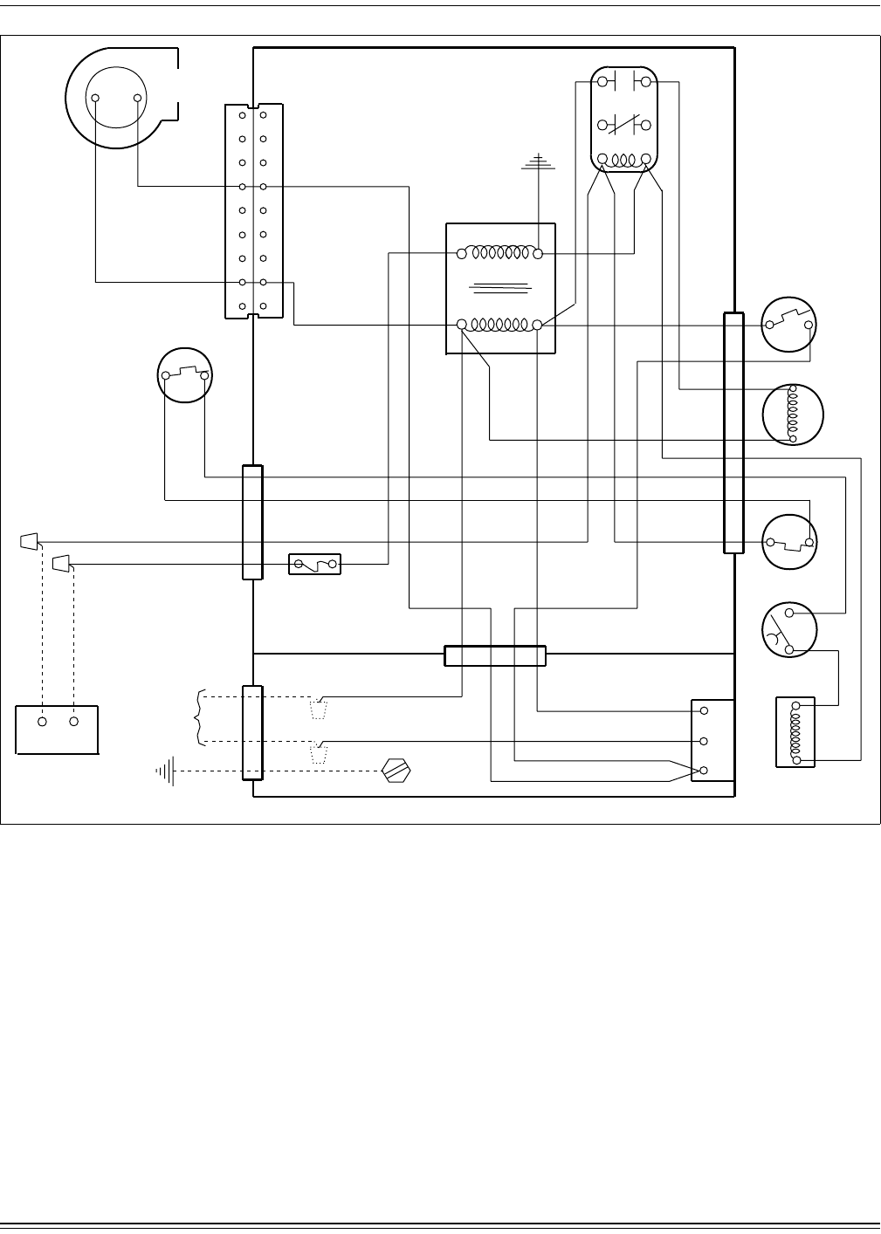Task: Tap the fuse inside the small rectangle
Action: (315, 566)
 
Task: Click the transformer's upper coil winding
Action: (499, 253)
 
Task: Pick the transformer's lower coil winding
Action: (499, 325)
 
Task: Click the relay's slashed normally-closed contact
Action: (623, 124)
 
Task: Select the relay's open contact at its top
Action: (623, 82)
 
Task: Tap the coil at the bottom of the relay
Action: (623, 161)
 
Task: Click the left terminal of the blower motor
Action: (96, 99)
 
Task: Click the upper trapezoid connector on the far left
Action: (30, 542)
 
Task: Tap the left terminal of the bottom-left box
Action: (42, 722)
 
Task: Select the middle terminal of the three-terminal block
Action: (704, 741)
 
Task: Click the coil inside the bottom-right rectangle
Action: (795, 732)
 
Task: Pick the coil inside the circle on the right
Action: (793, 414)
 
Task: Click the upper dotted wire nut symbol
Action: (319, 708)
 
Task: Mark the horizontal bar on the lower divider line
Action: (495, 655)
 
